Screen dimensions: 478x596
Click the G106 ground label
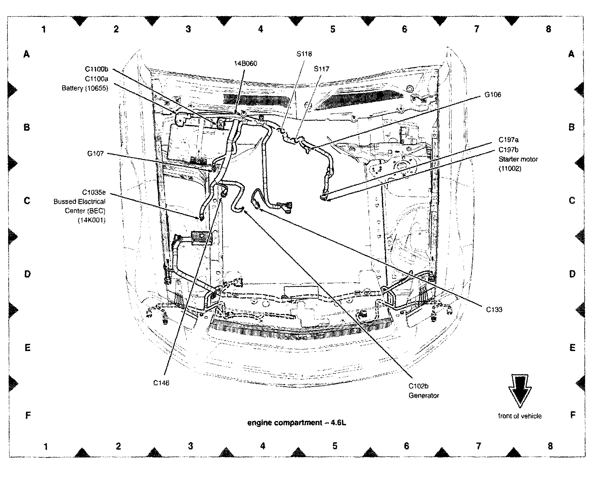coord(493,95)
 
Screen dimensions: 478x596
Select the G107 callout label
coord(95,153)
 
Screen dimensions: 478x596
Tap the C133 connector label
coord(494,309)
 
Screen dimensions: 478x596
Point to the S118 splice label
coord(304,54)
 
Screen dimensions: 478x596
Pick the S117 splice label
coord(321,69)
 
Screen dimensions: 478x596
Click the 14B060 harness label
coord(245,63)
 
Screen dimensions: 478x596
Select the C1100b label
coord(96,69)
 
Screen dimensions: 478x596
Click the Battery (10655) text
coord(85,88)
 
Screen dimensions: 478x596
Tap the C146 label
coord(161,383)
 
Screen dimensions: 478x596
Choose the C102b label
coord(418,386)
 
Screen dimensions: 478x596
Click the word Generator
coord(424,396)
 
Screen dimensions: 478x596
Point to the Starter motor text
coord(518,159)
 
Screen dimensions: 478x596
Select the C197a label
coord(509,140)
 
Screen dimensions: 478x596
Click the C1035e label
coord(94,192)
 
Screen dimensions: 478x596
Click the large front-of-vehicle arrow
coord(519,391)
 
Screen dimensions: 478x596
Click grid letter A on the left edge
coord(27,54)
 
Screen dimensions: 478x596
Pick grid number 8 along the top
coord(548,29)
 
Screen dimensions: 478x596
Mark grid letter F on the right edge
coord(572,415)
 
